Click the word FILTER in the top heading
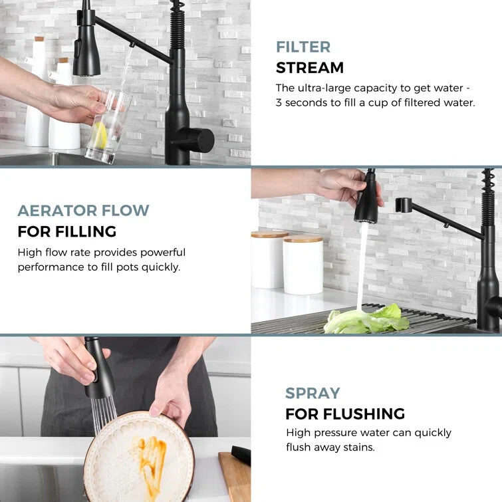(303, 47)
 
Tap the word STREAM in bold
(310, 68)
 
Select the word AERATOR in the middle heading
(58, 211)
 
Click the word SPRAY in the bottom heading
(313, 393)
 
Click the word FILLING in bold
(86, 231)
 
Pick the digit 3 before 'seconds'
(279, 103)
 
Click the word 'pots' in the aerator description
(128, 267)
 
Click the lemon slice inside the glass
(100, 136)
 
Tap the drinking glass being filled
(108, 126)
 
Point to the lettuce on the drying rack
(366, 319)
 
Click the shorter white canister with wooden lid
(303, 265)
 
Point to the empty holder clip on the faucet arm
(403, 204)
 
